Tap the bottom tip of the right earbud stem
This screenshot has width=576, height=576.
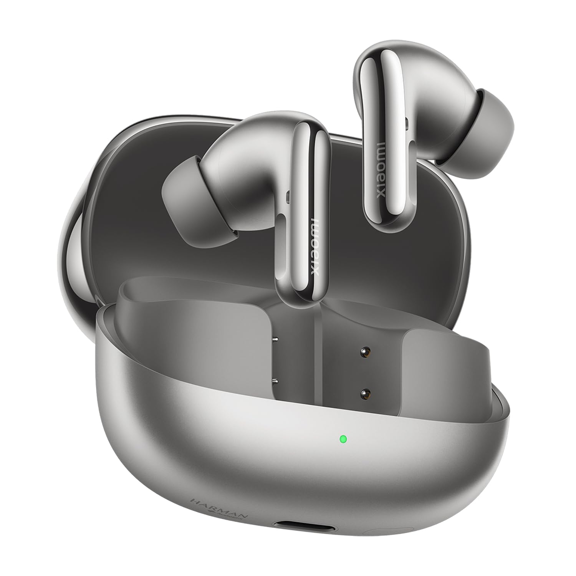(384, 227)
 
